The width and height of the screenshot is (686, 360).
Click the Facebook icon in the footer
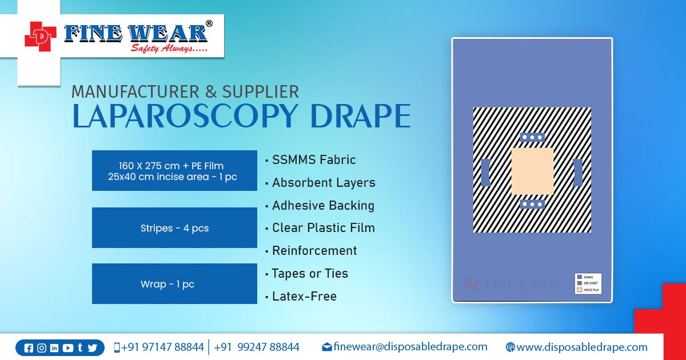(29, 348)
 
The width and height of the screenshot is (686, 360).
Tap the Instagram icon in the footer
(42, 348)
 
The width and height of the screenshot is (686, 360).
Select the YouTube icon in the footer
(67, 348)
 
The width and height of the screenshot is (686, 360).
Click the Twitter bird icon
(92, 348)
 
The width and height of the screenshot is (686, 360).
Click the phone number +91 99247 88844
(257, 347)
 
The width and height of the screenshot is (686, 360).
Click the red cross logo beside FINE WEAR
(41, 36)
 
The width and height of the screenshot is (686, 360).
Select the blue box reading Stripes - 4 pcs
(174, 228)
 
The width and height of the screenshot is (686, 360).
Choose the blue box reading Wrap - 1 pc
(174, 284)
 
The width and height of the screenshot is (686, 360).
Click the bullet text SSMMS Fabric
(314, 160)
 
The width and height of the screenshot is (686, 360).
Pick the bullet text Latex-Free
(304, 297)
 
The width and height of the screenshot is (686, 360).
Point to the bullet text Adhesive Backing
(323, 206)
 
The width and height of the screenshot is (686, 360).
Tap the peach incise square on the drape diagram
(532, 171)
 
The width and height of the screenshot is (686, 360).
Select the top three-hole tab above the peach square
(532, 138)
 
